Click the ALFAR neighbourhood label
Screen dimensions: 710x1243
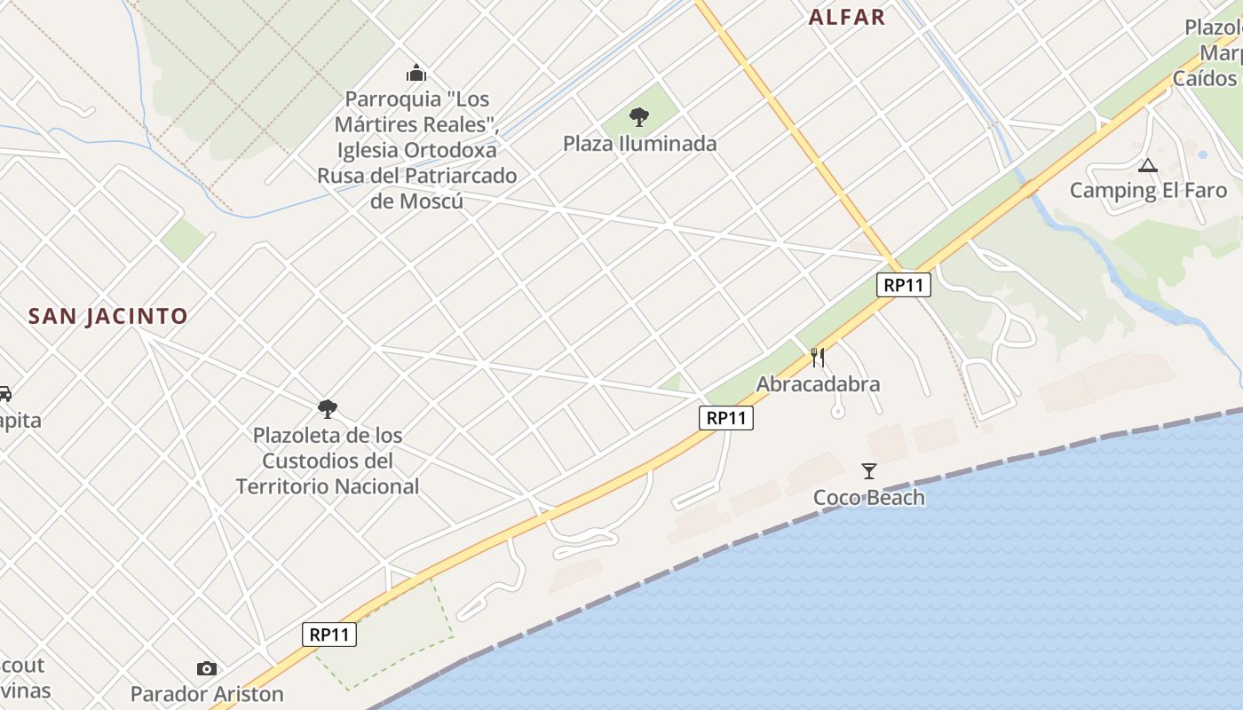847,17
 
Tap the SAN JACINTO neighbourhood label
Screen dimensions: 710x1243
108,316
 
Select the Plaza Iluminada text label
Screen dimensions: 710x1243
639,143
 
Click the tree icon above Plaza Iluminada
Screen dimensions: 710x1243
638,116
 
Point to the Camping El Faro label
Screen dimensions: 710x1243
1148,190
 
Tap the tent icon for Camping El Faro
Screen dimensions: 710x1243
1148,165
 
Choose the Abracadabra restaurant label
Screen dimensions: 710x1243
818,383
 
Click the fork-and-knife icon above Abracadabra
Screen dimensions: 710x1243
818,358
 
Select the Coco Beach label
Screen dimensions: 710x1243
869,497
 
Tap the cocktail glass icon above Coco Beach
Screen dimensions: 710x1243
869,471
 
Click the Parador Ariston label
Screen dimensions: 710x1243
207,693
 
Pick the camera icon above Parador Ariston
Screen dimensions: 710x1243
207,668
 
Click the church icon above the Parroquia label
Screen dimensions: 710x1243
416,73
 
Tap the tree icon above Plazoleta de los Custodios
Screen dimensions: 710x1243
328,409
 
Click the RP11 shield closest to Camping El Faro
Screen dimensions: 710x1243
904,285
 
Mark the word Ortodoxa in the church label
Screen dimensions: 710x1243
453,150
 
